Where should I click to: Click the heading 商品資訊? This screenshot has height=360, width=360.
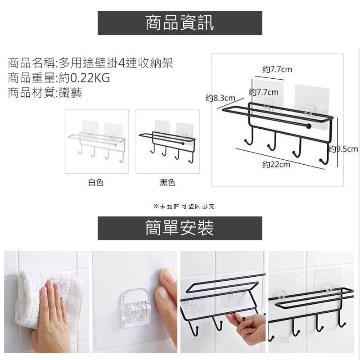click(x=180, y=23)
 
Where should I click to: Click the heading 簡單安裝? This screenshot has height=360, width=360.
click(x=180, y=228)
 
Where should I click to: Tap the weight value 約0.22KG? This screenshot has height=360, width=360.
click(x=84, y=78)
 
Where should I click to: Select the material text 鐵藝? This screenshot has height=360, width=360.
click(x=70, y=93)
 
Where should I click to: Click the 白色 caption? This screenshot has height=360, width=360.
click(x=96, y=183)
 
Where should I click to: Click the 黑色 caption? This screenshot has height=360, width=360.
click(x=167, y=183)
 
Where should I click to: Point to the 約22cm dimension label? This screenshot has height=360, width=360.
click(x=276, y=164)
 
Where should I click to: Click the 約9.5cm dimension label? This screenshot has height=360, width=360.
click(x=343, y=149)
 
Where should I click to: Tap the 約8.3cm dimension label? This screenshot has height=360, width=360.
click(x=220, y=98)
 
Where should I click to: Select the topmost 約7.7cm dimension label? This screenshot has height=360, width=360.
click(x=277, y=69)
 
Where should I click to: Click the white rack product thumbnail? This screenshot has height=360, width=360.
click(x=97, y=141)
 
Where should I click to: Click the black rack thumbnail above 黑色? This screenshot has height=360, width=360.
click(x=167, y=141)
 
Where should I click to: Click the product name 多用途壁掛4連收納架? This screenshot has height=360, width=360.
click(x=116, y=63)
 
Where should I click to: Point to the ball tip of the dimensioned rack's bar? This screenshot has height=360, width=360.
click(x=309, y=126)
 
